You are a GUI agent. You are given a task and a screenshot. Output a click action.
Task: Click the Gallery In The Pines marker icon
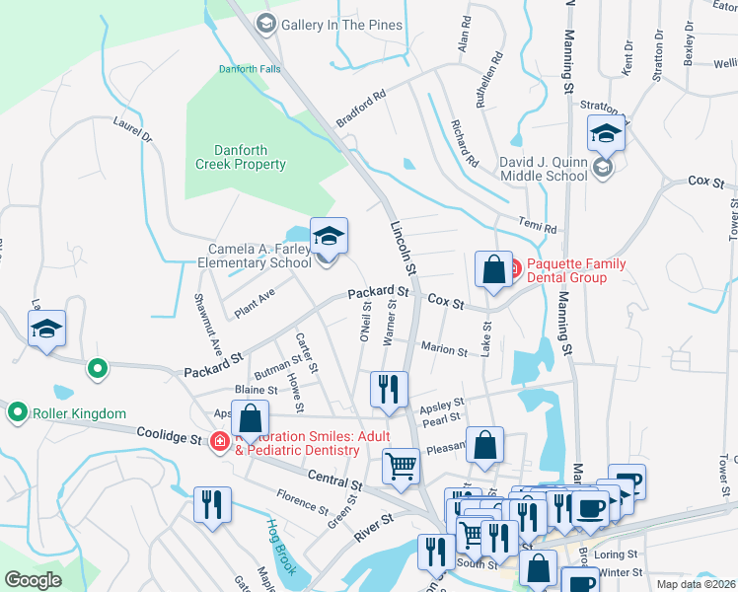click(x=265, y=23)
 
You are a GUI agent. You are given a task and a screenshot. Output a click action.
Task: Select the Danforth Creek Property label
click(x=240, y=157)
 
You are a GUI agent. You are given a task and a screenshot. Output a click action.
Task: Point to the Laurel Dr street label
click(x=133, y=130)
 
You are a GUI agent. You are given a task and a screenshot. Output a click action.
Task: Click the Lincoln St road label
click(x=403, y=248)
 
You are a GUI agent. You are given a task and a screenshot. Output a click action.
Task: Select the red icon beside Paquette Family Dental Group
click(x=516, y=264)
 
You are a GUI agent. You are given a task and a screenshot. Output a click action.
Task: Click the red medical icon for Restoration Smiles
click(x=218, y=441)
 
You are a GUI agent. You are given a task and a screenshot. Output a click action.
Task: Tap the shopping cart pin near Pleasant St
click(x=401, y=466)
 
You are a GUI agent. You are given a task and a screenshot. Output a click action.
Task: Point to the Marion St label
click(x=443, y=348)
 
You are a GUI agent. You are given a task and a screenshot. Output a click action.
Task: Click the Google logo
click(x=33, y=580)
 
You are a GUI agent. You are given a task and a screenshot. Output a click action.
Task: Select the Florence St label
click(x=301, y=501)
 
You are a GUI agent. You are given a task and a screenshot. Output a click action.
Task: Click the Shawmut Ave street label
click(x=208, y=326)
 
